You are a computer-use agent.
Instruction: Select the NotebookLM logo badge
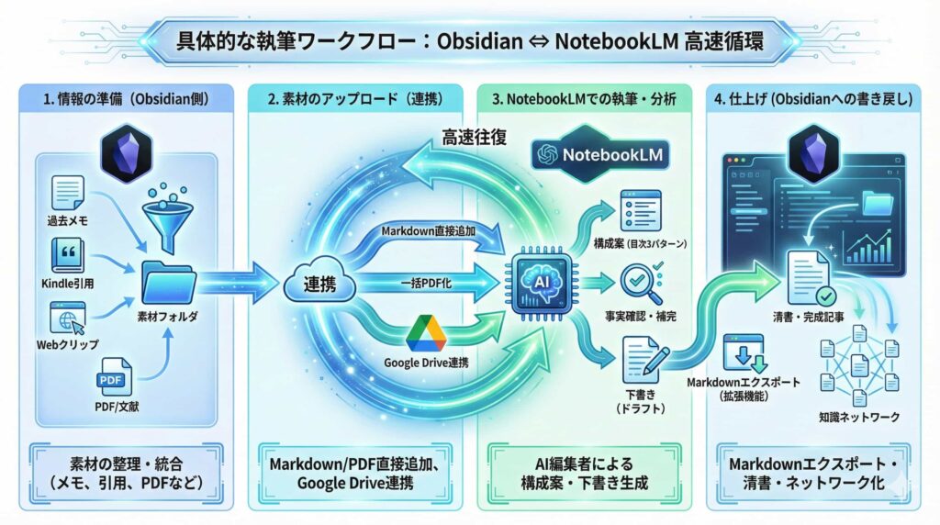click(x=600, y=155)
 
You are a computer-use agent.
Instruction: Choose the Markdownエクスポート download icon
click(x=743, y=352)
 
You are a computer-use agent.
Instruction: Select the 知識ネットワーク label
click(x=859, y=417)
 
